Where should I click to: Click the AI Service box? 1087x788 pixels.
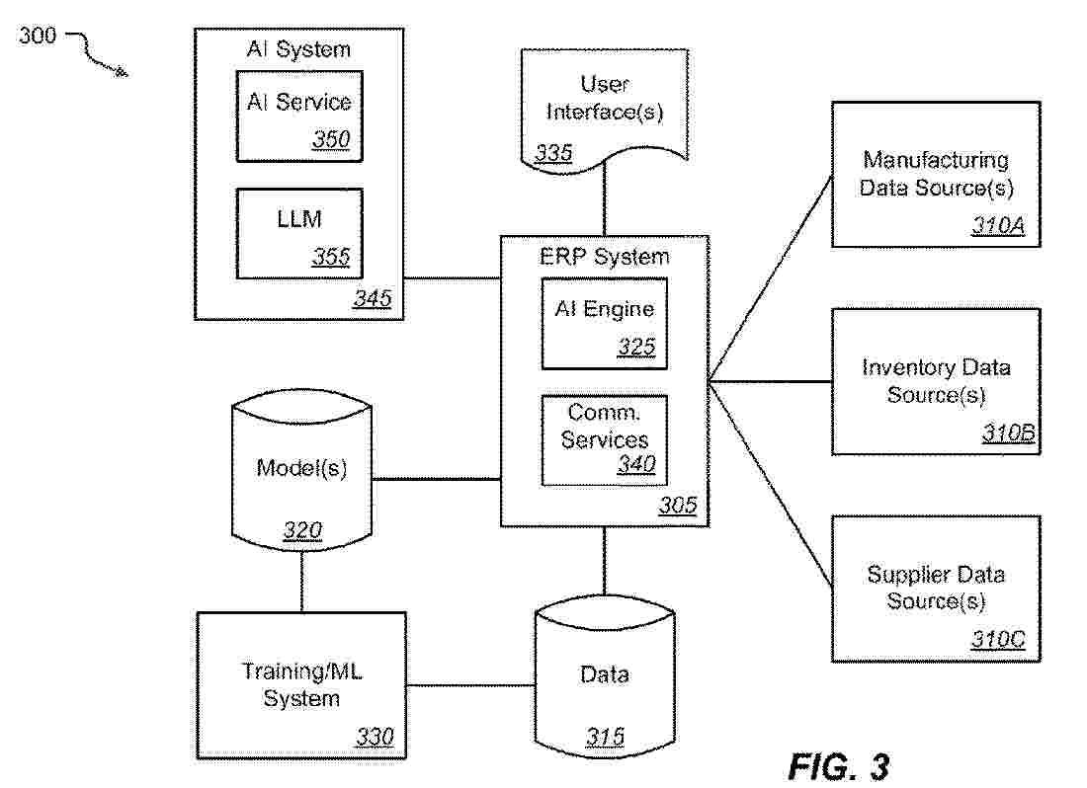(x=298, y=117)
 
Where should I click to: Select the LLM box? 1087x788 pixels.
(x=298, y=233)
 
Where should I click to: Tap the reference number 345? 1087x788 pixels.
(x=372, y=298)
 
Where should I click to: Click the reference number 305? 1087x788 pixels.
(x=678, y=507)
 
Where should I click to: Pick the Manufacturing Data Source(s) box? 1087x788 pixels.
(x=935, y=174)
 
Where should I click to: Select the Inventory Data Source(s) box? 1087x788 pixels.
(x=935, y=381)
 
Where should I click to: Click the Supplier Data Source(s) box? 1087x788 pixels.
(x=935, y=588)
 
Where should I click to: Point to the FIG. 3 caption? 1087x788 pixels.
(x=839, y=764)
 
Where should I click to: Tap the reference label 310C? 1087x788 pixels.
(x=998, y=640)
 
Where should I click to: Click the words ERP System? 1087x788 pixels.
(x=604, y=257)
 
